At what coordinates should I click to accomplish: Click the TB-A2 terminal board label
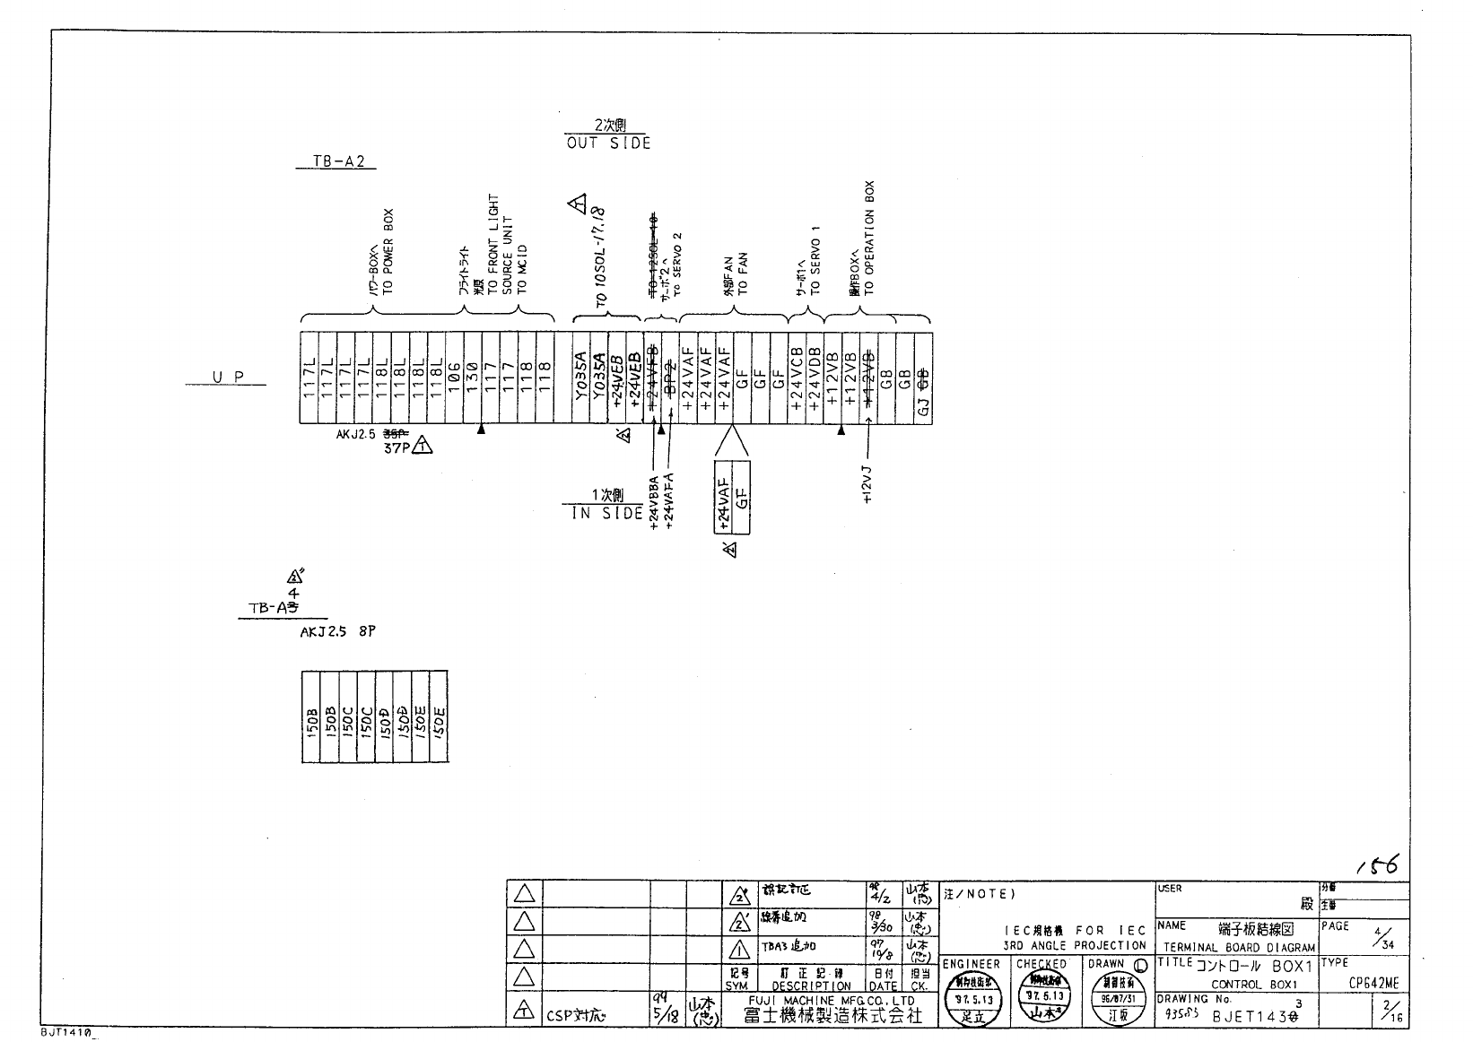pyautogui.click(x=335, y=161)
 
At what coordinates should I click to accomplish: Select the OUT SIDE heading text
pyautogui.click(x=607, y=143)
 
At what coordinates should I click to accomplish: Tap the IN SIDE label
pyautogui.click(x=607, y=514)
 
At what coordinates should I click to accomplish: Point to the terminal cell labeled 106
pyautogui.click(x=455, y=378)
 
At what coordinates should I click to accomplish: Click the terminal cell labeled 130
pyautogui.click(x=473, y=378)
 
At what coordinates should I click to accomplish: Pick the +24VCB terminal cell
pyautogui.click(x=797, y=378)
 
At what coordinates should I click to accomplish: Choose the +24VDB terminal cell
pyautogui.click(x=815, y=378)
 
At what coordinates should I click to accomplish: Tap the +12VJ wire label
pyautogui.click(x=867, y=484)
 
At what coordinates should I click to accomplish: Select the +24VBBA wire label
pyautogui.click(x=655, y=504)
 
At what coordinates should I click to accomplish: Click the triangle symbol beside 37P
pyautogui.click(x=421, y=445)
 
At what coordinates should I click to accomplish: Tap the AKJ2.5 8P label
pyautogui.click(x=337, y=631)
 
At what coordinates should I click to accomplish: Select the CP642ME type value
pyautogui.click(x=1373, y=984)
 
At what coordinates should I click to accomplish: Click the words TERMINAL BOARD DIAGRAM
pyautogui.click(x=1239, y=947)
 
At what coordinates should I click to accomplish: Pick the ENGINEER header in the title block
pyautogui.click(x=972, y=964)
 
